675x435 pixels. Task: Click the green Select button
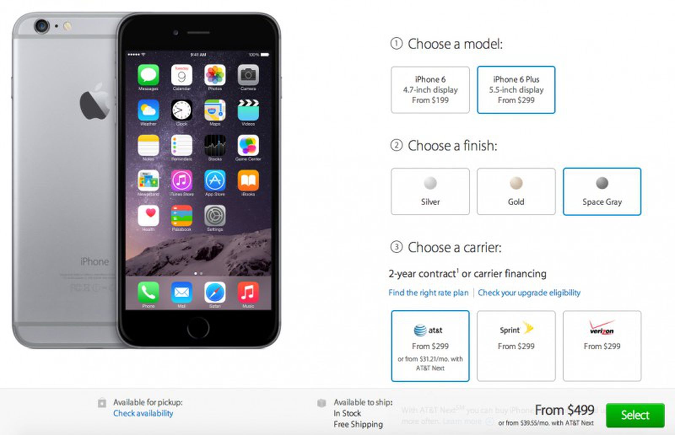[x=635, y=415]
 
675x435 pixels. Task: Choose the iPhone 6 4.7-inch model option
[x=430, y=90]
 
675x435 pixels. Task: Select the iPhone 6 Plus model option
[x=516, y=90]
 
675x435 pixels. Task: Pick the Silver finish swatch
[x=430, y=191]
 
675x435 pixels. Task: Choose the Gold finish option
[x=516, y=191]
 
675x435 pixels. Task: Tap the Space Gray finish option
[x=602, y=191]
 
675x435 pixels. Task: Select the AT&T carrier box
[x=430, y=346]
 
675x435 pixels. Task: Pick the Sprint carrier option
[x=516, y=346]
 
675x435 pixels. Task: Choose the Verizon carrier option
[x=602, y=346]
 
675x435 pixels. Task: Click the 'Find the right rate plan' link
[x=428, y=293]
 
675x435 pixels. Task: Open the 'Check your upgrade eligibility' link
[x=529, y=293]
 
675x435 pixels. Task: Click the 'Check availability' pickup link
[x=143, y=414]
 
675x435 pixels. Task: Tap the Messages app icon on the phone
[x=148, y=75]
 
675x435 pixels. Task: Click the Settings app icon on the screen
[x=215, y=216]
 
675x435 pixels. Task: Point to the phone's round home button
[x=198, y=328]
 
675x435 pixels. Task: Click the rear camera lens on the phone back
[x=41, y=26]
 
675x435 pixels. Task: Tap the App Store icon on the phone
[x=215, y=181]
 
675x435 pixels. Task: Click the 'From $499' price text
[x=564, y=410]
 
